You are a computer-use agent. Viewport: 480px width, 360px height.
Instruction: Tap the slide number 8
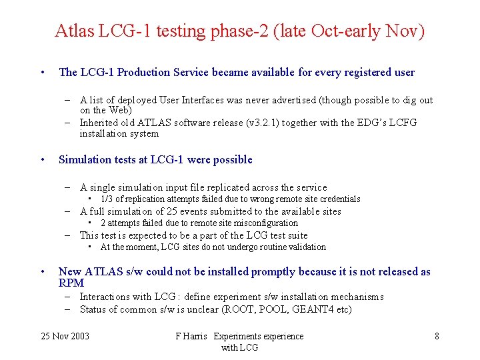point(437,337)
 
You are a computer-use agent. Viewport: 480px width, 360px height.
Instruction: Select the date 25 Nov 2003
point(65,337)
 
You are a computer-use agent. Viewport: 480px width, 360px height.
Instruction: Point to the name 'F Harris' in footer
point(192,337)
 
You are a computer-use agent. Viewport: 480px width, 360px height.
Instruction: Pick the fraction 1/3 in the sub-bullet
point(107,199)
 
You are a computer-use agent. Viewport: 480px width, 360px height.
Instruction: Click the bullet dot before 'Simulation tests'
point(42,159)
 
